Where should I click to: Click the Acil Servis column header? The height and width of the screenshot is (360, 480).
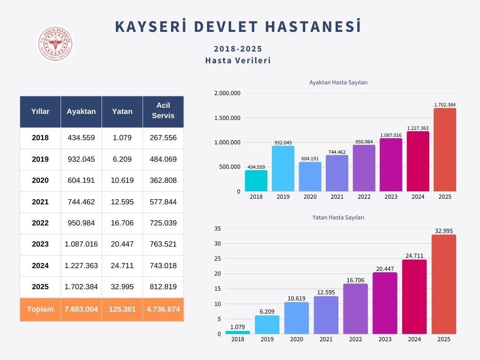[x=163, y=111]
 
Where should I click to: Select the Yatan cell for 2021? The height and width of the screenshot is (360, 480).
[x=122, y=202]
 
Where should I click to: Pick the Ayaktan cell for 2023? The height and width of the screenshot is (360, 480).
[x=81, y=244]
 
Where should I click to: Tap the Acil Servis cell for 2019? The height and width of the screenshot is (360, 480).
[x=163, y=159]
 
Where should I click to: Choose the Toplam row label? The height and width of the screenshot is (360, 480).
[x=40, y=309]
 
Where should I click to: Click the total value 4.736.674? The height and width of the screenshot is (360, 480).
[x=163, y=309]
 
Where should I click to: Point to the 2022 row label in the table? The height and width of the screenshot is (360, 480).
[x=40, y=223]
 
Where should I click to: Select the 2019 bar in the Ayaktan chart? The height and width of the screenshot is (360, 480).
[x=283, y=169]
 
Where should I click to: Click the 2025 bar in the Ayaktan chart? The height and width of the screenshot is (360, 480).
[x=444, y=150]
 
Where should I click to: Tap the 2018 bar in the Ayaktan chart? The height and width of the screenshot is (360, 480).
[x=256, y=181]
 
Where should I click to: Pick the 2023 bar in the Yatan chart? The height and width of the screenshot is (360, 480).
[x=385, y=303]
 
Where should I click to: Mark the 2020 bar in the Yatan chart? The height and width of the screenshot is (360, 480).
[x=296, y=318]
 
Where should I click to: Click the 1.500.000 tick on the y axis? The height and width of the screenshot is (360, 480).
[x=227, y=118]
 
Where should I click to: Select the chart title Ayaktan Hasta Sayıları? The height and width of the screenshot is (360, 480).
[x=338, y=82]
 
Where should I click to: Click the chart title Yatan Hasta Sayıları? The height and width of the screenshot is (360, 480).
[x=338, y=217]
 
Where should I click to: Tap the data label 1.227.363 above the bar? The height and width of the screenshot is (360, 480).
[x=418, y=128]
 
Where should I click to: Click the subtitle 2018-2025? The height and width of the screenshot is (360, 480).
[x=238, y=49]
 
